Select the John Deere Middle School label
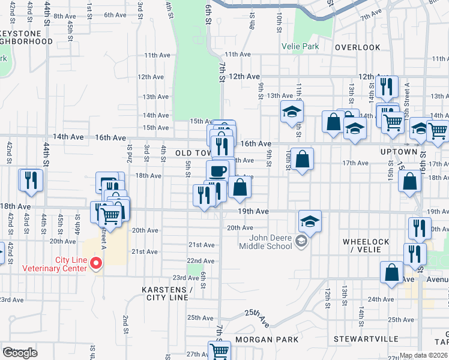[266, 242]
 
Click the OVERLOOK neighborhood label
[358, 47]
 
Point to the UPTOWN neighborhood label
[398, 152]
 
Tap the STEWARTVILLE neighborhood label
[369, 339]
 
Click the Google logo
[20, 353]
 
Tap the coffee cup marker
[217, 171]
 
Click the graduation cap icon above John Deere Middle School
[310, 221]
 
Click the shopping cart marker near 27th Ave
[219, 351]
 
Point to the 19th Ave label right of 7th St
[252, 212]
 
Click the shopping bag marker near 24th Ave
[391, 272]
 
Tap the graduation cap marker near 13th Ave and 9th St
[292, 112]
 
